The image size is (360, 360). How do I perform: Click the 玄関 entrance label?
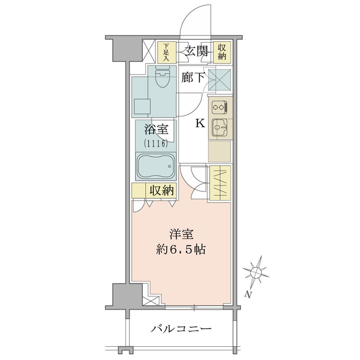[x=197, y=51]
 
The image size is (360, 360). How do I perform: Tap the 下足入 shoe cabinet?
[x=167, y=52]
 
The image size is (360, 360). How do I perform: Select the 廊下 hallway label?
[x=193, y=77]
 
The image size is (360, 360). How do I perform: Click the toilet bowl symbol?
[x=163, y=77]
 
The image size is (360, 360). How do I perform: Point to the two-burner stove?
[x=219, y=107]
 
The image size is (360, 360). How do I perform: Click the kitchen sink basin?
[x=220, y=127]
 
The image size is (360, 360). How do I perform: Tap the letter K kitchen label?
[x=200, y=124]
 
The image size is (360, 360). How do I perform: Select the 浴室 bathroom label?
[x=156, y=130]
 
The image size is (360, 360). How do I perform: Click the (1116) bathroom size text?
[x=155, y=143]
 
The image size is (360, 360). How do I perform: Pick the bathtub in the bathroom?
[x=155, y=166]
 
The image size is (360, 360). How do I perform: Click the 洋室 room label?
[x=181, y=235]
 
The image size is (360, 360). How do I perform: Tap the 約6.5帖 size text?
[x=181, y=250]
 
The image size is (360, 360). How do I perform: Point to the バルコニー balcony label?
[x=181, y=329]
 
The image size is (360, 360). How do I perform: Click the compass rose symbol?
[x=256, y=272]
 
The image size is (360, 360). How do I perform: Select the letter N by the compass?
[x=247, y=294]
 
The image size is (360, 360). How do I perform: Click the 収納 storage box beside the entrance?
[x=222, y=52]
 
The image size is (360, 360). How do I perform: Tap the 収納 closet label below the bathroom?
[x=161, y=190]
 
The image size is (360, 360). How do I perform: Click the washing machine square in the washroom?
[x=142, y=107]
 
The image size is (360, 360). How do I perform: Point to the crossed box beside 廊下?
[x=219, y=80]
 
